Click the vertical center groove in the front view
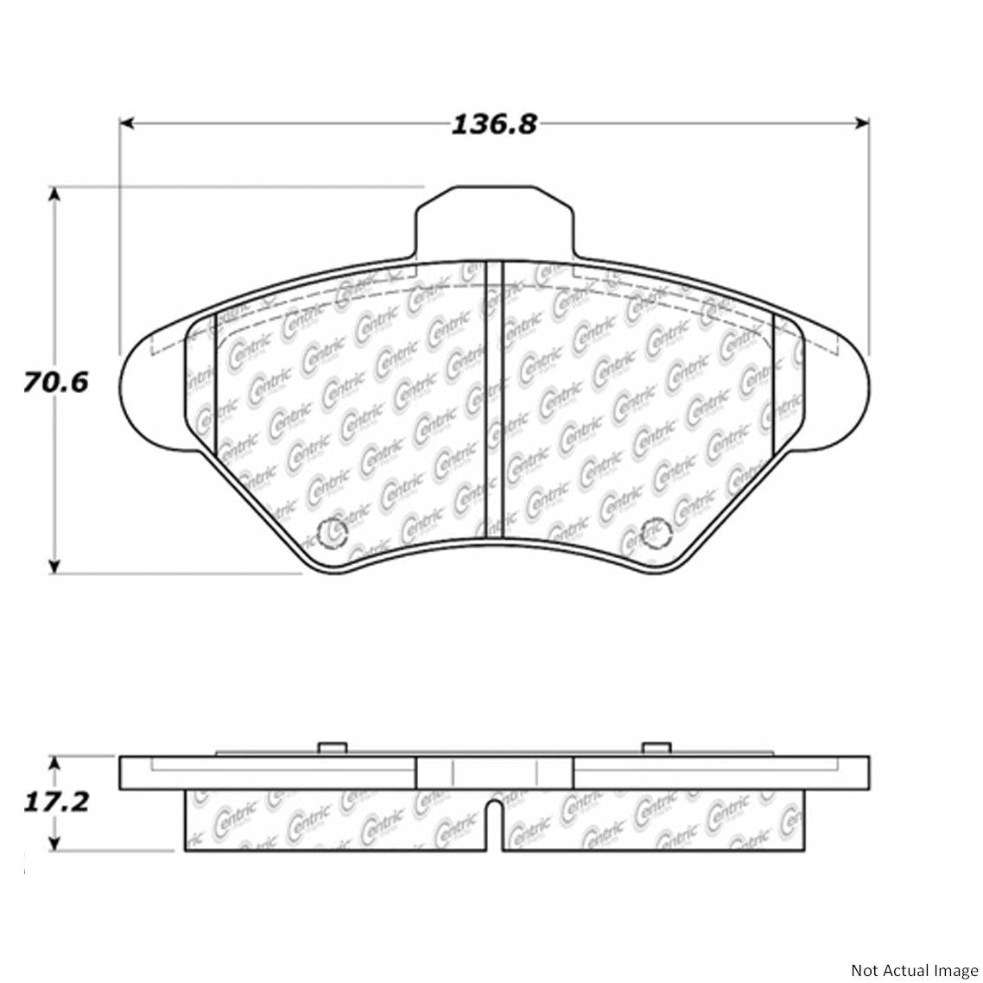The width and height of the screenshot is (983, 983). point(493,397)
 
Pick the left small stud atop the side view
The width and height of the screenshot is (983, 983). point(328,749)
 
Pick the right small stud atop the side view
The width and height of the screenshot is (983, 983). point(654,749)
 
